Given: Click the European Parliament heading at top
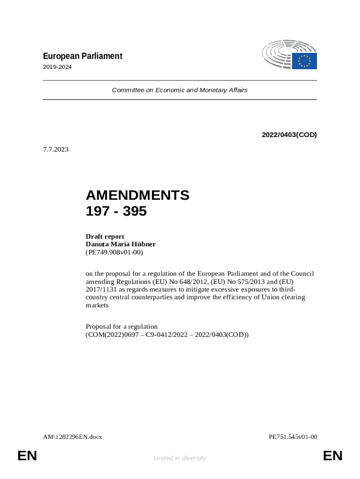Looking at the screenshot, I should point(82,56).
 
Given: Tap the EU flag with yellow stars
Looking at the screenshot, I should point(305,61).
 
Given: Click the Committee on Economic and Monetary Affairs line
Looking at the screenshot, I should point(180,90).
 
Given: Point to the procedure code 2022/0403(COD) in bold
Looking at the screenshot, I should point(289,135).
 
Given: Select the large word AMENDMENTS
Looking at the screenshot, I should point(137,195).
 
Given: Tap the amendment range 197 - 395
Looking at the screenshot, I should point(116,211).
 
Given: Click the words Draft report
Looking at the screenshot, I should point(105,236).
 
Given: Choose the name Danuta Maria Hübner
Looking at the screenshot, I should point(121,244).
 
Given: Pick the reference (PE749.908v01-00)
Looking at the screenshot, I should point(114,252).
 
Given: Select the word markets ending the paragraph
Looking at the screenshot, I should point(97,305).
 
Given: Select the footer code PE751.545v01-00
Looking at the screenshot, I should point(293,437).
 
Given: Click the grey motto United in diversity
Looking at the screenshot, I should point(180,458).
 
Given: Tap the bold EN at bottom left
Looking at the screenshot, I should point(27,456).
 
